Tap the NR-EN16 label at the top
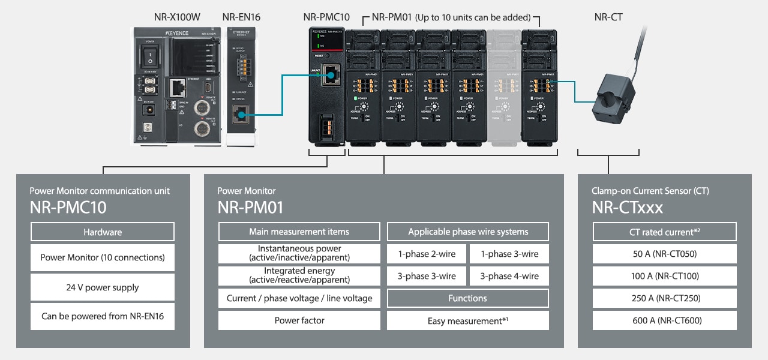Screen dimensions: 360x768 242,17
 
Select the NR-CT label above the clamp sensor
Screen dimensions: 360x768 608,17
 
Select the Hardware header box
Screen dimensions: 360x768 103,232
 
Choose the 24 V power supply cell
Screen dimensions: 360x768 103,287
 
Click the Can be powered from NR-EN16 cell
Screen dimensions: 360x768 103,316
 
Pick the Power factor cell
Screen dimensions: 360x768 299,320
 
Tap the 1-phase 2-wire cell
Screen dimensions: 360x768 427,254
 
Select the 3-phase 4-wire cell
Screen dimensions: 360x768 509,276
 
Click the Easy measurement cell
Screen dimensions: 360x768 468,321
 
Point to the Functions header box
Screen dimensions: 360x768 468,298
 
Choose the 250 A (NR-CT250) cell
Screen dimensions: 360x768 665,298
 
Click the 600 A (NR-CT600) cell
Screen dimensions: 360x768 665,320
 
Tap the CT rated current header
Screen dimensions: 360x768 665,232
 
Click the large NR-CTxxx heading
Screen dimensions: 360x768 628,208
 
